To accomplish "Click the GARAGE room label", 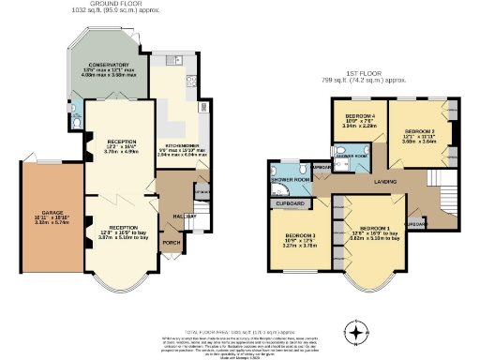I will click(x=40, y=214).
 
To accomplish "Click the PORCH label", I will click(x=172, y=242).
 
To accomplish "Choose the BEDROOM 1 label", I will click(x=375, y=229).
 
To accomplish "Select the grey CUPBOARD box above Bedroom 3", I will click(x=292, y=202).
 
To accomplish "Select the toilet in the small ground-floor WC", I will click(x=73, y=119).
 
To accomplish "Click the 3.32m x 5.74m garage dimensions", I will click(x=40, y=224).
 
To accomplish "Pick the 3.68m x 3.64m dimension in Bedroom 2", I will click(x=421, y=142).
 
